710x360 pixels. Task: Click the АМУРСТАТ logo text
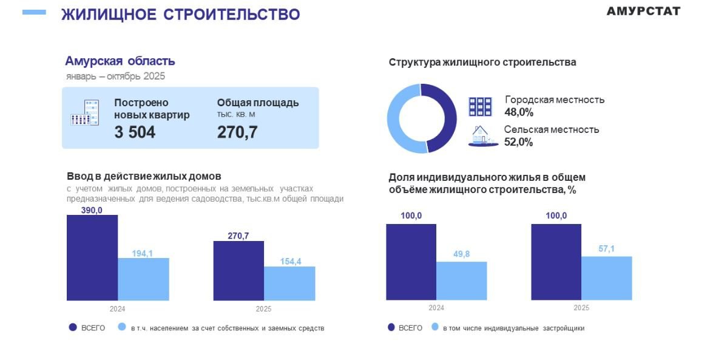(x=643, y=11)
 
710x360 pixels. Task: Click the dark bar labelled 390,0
(x=92, y=257)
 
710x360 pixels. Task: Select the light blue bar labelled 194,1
(x=143, y=279)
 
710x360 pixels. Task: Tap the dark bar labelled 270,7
(x=238, y=270)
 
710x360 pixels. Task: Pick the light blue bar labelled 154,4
(x=289, y=283)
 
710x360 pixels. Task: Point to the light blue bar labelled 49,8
(x=461, y=280)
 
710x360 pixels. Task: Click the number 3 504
(x=135, y=132)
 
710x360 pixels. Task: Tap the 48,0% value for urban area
(x=519, y=112)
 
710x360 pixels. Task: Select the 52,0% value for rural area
(x=518, y=142)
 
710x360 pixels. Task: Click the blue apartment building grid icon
(x=480, y=106)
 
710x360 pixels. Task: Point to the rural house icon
(x=481, y=136)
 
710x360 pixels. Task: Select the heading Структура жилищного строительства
(x=482, y=62)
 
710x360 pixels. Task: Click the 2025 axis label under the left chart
(x=264, y=309)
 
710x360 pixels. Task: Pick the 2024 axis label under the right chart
(x=436, y=308)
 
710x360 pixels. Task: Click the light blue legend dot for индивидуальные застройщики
(x=434, y=327)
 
